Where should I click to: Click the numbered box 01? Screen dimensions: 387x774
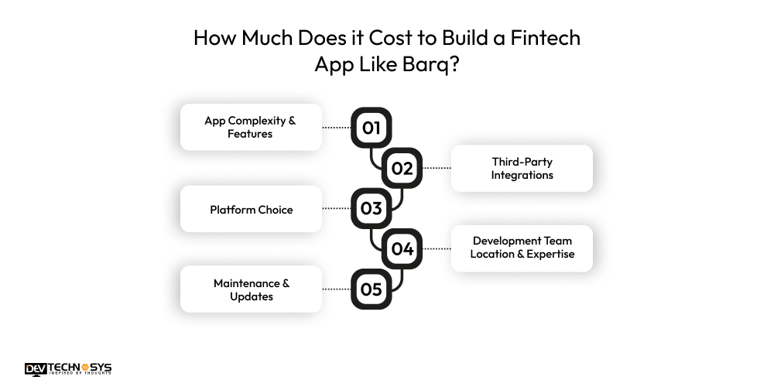tap(372, 128)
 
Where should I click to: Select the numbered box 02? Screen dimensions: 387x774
tap(402, 168)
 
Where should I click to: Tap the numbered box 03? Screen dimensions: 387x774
tap(372, 208)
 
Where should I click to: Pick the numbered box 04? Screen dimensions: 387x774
tap(402, 248)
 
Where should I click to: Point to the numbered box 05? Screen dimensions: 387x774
tap(372, 289)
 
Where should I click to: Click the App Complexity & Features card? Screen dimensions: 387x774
tap(251, 127)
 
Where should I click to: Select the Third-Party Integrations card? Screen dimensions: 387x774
tap(522, 168)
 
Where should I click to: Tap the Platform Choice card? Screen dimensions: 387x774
tap(251, 209)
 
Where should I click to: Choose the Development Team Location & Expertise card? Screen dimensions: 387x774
tap(522, 248)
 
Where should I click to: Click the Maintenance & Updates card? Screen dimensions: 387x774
tap(251, 289)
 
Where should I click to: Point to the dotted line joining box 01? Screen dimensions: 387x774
tap(337, 128)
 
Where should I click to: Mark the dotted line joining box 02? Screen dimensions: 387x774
tap(437, 168)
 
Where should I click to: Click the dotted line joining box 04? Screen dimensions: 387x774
tap(437, 248)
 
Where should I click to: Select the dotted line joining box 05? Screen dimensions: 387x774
tap(337, 289)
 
